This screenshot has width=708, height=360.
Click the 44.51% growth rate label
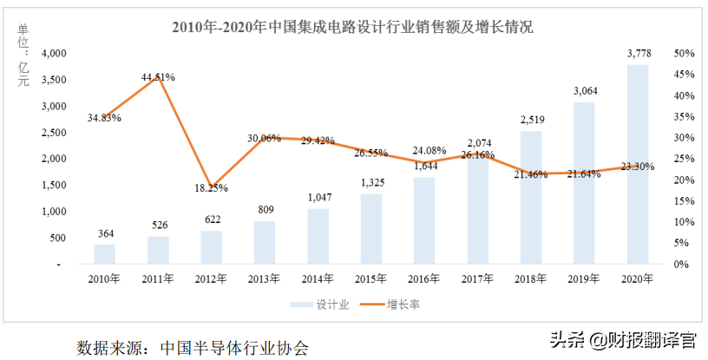(158, 77)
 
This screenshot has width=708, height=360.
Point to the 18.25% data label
(211, 187)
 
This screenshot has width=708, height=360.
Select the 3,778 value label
(637, 55)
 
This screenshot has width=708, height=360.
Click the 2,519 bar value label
(530, 121)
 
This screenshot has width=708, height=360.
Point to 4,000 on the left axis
(54, 54)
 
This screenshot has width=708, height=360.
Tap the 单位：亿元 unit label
(23, 55)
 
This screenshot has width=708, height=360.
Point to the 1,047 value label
(318, 199)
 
